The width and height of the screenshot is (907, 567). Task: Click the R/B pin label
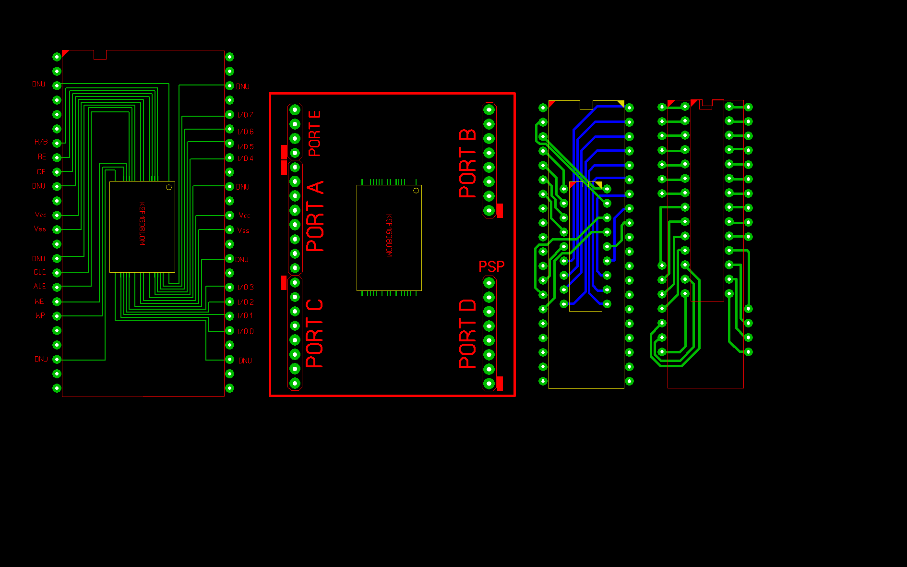coord(41,142)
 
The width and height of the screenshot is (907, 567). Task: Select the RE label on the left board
coord(42,157)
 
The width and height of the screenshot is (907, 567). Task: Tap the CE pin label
coord(41,172)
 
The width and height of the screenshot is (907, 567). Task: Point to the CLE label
coord(40,272)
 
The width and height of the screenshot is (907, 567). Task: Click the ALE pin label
coord(40,287)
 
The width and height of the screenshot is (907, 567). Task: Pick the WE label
coord(39,302)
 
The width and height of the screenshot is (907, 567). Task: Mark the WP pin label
coord(40,316)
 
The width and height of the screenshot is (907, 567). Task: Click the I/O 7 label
coord(246,115)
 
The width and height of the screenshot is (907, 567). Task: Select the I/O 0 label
coord(246,331)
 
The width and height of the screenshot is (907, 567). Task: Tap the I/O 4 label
coord(246,158)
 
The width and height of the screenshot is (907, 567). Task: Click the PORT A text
coord(315,217)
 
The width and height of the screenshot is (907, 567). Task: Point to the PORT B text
coord(467,164)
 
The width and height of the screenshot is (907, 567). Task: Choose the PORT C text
coord(314,334)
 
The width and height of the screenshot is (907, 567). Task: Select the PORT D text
coord(467,334)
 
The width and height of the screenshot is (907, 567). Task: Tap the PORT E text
coord(315,134)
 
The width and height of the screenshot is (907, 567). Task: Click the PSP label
coord(491,266)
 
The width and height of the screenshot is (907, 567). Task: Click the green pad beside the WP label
coord(57,316)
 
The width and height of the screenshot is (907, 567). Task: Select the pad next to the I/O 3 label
coord(230,287)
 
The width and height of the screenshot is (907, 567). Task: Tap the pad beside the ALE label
coord(57,287)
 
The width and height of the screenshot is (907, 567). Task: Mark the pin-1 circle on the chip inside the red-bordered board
coord(416,191)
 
